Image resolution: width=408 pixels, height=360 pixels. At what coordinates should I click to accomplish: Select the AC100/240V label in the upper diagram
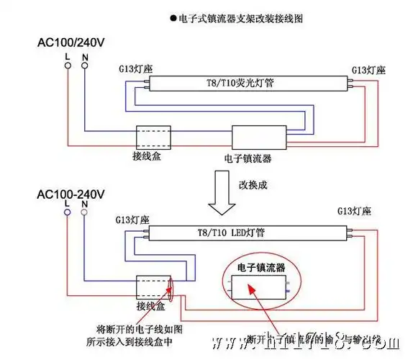click(x=71, y=42)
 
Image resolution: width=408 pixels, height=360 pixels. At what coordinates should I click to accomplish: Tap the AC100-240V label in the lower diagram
click(x=71, y=194)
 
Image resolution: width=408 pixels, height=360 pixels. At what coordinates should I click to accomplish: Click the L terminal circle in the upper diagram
click(x=68, y=66)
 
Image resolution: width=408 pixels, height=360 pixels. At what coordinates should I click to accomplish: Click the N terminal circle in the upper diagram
click(x=85, y=66)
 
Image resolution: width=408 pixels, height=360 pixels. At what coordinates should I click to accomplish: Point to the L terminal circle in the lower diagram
click(x=68, y=213)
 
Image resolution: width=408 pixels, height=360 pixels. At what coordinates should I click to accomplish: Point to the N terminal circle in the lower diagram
click(x=85, y=213)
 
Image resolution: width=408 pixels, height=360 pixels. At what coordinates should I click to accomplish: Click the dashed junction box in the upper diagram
click(x=153, y=136)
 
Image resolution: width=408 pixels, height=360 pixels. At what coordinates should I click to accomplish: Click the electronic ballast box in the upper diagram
click(x=258, y=137)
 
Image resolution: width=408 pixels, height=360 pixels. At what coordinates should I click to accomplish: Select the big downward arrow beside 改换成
click(x=221, y=195)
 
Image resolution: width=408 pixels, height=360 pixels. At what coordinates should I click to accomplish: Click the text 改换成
click(x=253, y=184)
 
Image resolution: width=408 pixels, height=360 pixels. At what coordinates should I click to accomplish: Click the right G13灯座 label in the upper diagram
click(x=368, y=70)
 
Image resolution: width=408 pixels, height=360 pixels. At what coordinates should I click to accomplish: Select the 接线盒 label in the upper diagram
click(x=147, y=156)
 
